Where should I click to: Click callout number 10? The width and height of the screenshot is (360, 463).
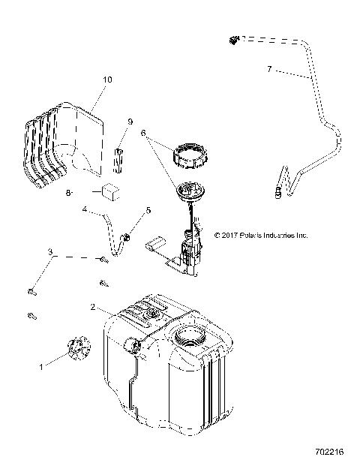[x=106, y=79]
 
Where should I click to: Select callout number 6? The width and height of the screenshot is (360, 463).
[x=142, y=132]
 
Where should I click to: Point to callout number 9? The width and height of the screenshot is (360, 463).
[x=130, y=121]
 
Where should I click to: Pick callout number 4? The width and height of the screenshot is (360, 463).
[x=85, y=210]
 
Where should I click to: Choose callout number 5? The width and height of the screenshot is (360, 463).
[x=148, y=211]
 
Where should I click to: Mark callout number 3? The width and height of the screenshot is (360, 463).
[x=50, y=252]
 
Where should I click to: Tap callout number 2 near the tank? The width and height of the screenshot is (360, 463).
[x=92, y=307]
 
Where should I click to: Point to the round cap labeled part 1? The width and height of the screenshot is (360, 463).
[x=76, y=348]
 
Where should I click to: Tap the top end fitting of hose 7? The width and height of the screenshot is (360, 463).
[x=234, y=38]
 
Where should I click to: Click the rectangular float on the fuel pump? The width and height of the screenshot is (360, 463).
[x=155, y=242]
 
